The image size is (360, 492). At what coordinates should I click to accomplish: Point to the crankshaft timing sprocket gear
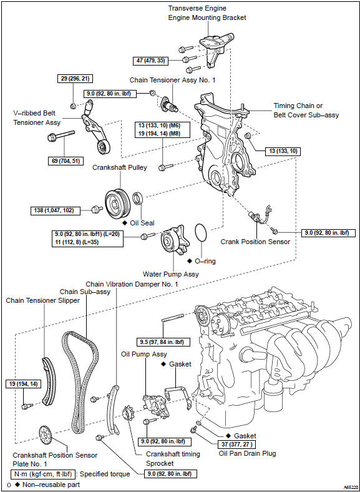point(129,415)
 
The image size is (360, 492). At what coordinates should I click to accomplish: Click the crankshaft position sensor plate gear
point(46,435)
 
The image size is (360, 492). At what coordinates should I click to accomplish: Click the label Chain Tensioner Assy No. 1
point(172,80)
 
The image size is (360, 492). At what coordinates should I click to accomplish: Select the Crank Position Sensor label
point(255,242)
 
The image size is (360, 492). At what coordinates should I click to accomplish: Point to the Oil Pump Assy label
point(144,354)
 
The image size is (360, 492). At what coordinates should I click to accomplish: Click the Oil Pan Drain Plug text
point(247,453)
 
